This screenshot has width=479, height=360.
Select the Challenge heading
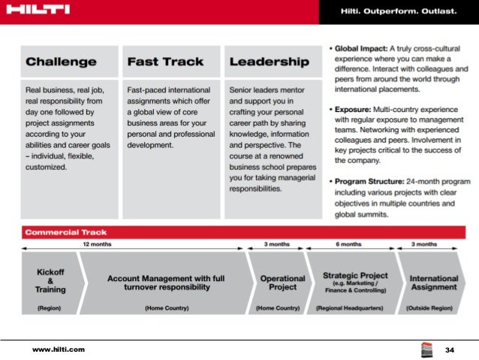[61, 62]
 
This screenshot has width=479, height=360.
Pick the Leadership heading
[269, 62]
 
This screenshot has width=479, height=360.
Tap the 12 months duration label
[96, 244]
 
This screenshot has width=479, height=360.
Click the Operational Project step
[282, 283]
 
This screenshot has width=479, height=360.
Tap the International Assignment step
[433, 283]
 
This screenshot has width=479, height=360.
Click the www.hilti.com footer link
[58, 349]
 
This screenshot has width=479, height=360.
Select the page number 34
[450, 350]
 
